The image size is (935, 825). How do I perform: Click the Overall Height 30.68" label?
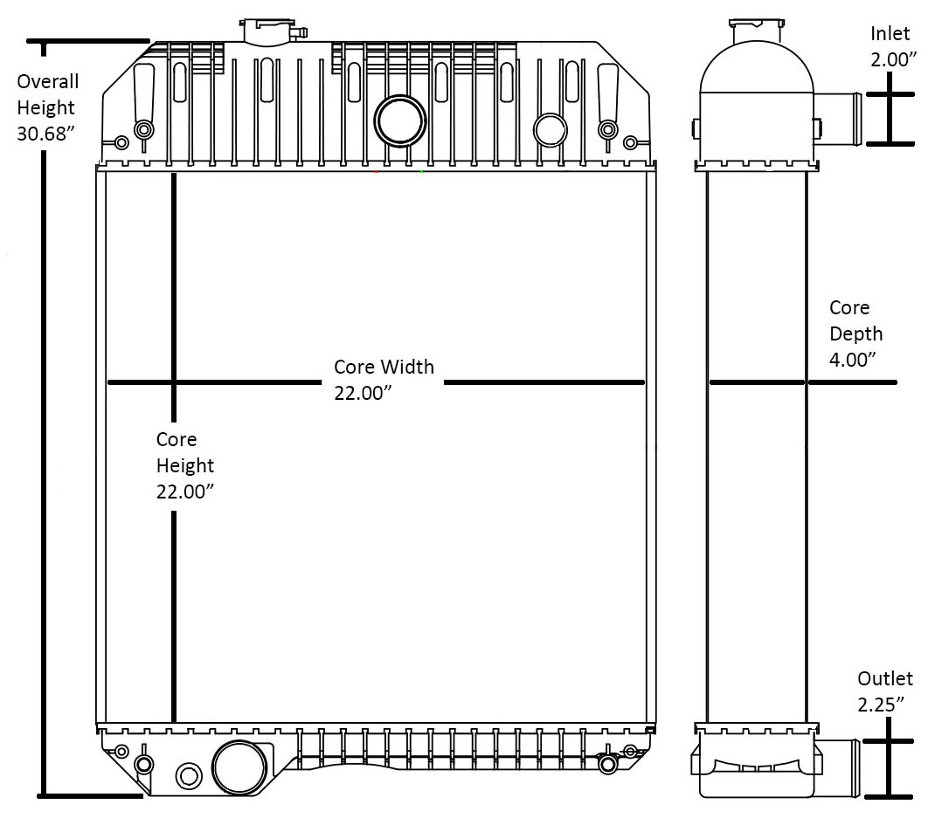(x=48, y=107)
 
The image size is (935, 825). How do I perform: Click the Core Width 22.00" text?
(x=384, y=380)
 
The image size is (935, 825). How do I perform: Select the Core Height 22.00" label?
(x=185, y=465)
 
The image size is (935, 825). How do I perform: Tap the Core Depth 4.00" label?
(x=855, y=333)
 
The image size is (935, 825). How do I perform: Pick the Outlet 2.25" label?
(x=884, y=691)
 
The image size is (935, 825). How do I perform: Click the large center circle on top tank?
(x=399, y=120)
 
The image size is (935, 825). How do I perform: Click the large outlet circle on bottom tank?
(x=239, y=767)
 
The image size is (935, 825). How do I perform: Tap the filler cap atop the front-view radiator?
(x=272, y=30)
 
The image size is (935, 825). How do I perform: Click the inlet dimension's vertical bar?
(x=890, y=119)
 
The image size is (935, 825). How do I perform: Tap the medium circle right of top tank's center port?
(x=551, y=129)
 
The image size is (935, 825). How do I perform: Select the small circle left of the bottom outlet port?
(x=188, y=774)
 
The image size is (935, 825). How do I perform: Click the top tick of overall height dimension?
(x=87, y=40)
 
